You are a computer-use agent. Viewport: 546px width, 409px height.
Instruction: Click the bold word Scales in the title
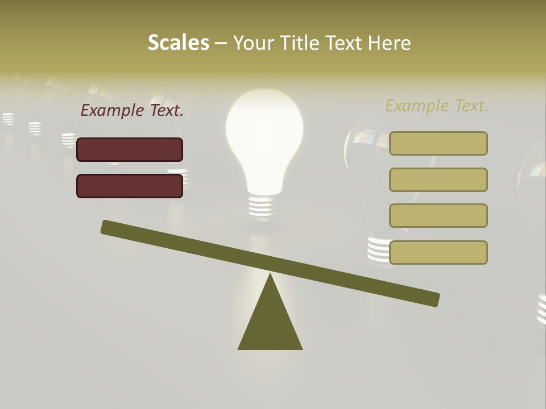tap(178, 43)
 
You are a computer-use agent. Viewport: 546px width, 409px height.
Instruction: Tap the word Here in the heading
tap(389, 43)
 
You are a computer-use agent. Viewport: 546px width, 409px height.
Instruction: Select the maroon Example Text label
tap(132, 110)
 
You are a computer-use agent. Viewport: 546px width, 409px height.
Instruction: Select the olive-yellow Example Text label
tap(437, 106)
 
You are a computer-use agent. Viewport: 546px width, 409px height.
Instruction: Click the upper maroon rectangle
tap(130, 149)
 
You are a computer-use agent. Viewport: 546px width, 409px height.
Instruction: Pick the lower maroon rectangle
tap(130, 186)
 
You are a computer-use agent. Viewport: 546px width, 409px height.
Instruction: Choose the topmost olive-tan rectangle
tap(438, 143)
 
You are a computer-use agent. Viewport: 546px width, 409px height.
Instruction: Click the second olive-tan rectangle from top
tap(438, 180)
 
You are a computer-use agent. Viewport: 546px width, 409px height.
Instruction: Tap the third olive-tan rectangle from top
tap(438, 215)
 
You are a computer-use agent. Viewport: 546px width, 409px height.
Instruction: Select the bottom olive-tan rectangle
tap(438, 252)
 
